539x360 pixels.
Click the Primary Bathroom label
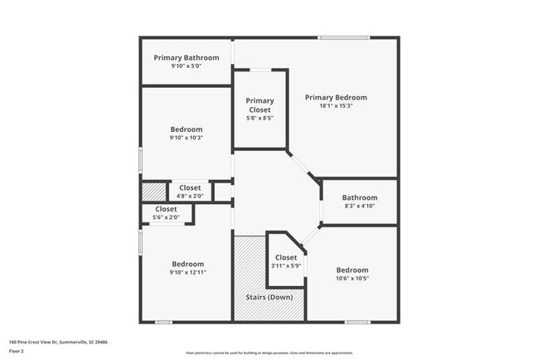tap(186, 57)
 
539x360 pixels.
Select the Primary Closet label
tap(260, 105)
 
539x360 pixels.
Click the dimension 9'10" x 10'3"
tap(186, 138)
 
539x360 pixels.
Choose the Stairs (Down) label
tap(269, 296)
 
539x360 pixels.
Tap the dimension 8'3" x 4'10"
tap(359, 207)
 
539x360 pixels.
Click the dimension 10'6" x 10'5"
tap(352, 279)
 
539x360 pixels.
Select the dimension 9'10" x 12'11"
tap(187, 272)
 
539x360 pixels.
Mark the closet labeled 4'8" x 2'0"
tap(190, 192)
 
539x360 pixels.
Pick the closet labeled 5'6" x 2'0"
tap(166, 213)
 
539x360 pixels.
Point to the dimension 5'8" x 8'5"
tap(260, 118)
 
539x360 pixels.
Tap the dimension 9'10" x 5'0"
tap(186, 66)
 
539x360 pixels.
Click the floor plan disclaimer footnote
tap(269, 353)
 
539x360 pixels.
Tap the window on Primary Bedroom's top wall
tap(344, 37)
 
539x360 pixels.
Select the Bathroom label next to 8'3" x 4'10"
tap(359, 198)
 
